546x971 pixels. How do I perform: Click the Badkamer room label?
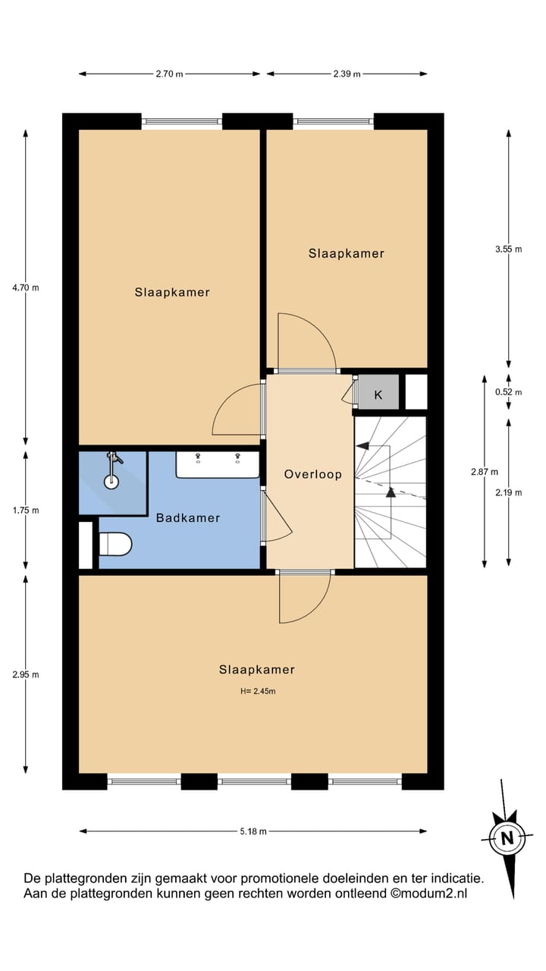(x=188, y=518)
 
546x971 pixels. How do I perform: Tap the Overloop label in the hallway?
(x=312, y=475)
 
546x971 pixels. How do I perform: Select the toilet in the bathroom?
(x=116, y=544)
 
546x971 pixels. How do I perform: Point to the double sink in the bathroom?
(x=218, y=465)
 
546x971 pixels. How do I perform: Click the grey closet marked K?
(x=378, y=394)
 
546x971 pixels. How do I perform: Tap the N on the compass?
(x=507, y=838)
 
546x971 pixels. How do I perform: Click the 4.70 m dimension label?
(x=26, y=288)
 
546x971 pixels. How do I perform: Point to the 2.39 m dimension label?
(x=346, y=74)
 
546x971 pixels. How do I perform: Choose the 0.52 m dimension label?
(x=508, y=392)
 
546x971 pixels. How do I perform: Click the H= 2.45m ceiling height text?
(x=257, y=691)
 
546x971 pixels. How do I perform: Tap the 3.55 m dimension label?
(x=508, y=249)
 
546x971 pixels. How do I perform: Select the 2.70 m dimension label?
(x=169, y=74)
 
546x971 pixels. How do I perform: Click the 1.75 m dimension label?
(x=26, y=511)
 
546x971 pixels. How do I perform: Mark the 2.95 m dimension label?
(x=26, y=674)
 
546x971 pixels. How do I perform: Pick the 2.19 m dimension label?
(x=508, y=492)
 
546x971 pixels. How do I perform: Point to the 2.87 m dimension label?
(x=484, y=471)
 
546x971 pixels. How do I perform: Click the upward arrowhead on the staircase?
(x=391, y=492)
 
